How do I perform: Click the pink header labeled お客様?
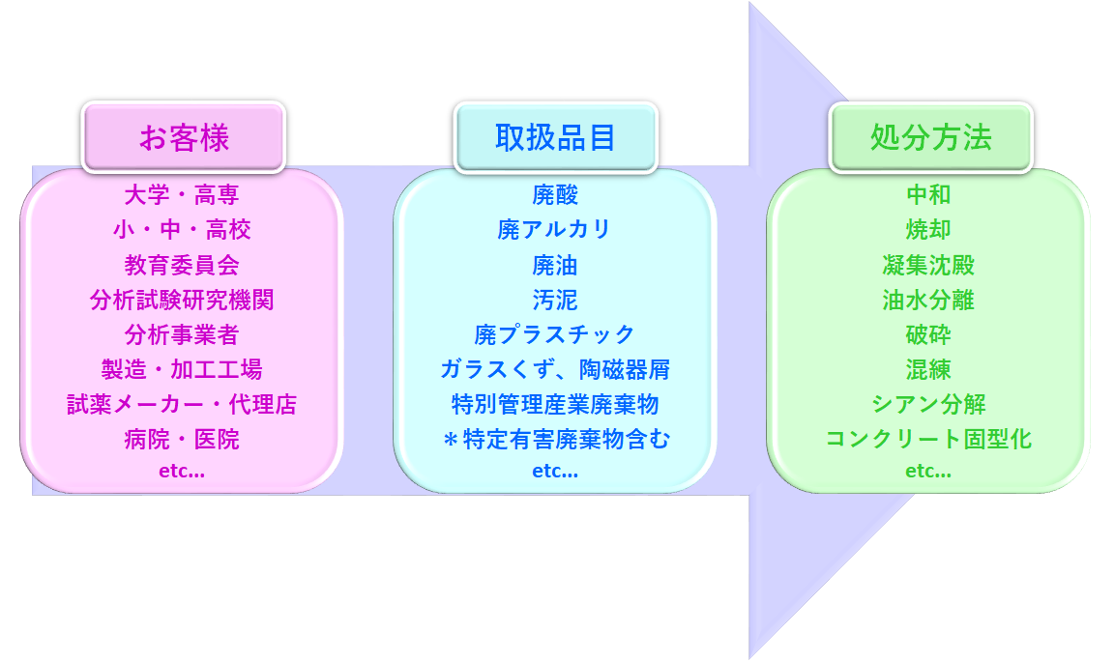click(x=184, y=137)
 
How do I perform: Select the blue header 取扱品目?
click(x=555, y=137)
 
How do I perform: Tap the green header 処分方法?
click(x=930, y=137)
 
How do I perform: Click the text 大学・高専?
click(x=182, y=195)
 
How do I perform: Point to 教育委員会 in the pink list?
click(x=182, y=265)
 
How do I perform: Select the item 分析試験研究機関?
click(x=182, y=300)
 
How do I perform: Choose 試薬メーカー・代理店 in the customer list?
click(x=182, y=404)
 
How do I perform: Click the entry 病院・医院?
click(x=182, y=440)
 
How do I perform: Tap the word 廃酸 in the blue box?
click(x=555, y=195)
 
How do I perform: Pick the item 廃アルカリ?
click(x=555, y=230)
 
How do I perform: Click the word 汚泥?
click(x=555, y=300)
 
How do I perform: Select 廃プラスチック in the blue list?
click(x=555, y=334)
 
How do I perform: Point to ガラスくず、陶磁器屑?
click(x=555, y=369)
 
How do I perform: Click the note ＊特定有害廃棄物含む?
click(x=555, y=440)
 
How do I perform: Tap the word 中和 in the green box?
click(x=928, y=195)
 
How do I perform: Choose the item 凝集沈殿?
click(x=928, y=265)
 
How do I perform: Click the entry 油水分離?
click(x=928, y=300)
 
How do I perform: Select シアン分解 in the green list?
click(x=928, y=404)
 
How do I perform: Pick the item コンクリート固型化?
click(x=928, y=440)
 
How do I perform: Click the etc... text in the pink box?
click(x=182, y=472)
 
